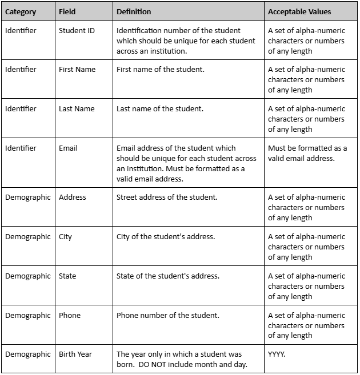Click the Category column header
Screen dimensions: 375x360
21,11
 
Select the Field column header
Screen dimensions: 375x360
67,11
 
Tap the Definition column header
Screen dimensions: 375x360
134,11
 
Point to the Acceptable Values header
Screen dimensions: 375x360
299,11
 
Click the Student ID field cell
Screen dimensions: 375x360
77,30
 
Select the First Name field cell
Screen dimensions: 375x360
77,70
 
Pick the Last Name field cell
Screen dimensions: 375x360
77,109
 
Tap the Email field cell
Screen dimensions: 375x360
68,148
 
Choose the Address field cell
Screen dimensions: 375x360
73,197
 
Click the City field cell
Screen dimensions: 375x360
65,237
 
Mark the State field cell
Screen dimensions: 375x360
67,276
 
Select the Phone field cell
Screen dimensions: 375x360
70,316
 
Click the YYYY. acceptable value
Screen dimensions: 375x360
277,354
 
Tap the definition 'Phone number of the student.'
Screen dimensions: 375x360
167,316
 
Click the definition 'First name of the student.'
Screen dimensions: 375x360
160,70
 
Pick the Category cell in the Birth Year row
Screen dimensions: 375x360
28,354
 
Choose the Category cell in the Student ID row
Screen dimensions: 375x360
21,30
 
